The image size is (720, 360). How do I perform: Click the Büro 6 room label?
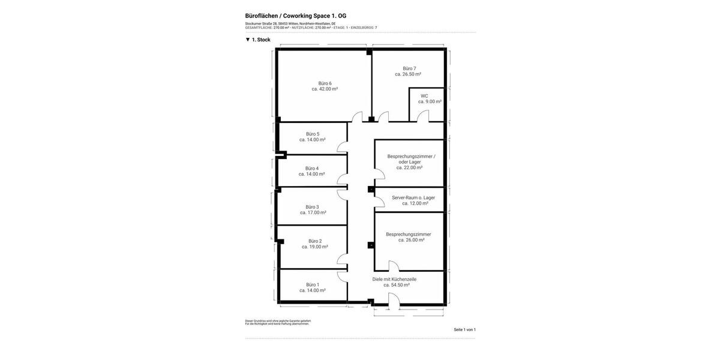tap(325, 83)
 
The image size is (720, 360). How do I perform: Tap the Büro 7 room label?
tap(409, 68)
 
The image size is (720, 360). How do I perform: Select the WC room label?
tap(424, 96)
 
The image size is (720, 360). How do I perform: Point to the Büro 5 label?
tap(313, 134)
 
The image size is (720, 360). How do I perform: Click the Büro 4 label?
tap(312, 169)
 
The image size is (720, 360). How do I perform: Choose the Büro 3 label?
tap(313, 207)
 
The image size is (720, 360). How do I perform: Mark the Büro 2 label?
tap(315, 241)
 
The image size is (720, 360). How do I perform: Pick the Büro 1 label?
tap(313, 285)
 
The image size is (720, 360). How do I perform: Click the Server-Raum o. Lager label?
tap(413, 197)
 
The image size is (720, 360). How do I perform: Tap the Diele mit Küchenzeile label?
tap(394, 279)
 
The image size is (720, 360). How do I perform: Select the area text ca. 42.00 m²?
tap(325, 89)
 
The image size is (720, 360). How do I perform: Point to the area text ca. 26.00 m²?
tap(411, 240)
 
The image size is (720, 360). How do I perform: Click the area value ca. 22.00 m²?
tap(409, 167)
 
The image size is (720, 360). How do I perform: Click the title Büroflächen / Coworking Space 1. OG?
tap(296, 16)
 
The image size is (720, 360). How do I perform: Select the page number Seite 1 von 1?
tap(464, 329)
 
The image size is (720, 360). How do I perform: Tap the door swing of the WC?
tap(424, 116)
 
